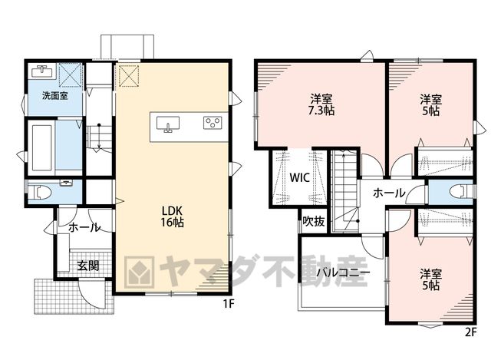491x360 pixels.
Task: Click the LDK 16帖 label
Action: (172, 216)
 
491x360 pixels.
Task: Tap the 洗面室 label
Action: (55, 95)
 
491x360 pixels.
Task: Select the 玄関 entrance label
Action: (88, 266)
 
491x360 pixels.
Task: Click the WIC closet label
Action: (300, 177)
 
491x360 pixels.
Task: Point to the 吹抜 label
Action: (314, 222)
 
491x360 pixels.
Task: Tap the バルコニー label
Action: (343, 272)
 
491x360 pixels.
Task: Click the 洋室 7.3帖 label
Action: (321, 105)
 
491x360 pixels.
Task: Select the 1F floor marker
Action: (229, 304)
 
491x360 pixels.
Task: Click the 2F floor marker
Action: (470, 332)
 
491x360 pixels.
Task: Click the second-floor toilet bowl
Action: (460, 191)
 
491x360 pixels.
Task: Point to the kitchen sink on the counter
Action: (168, 124)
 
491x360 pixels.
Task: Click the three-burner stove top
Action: (213, 123)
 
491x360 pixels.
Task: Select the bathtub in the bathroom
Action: (42, 148)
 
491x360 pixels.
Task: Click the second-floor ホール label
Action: (389, 193)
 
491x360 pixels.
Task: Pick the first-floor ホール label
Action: (84, 227)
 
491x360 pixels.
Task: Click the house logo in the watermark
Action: (139, 272)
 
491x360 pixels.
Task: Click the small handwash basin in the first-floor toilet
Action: (66, 183)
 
